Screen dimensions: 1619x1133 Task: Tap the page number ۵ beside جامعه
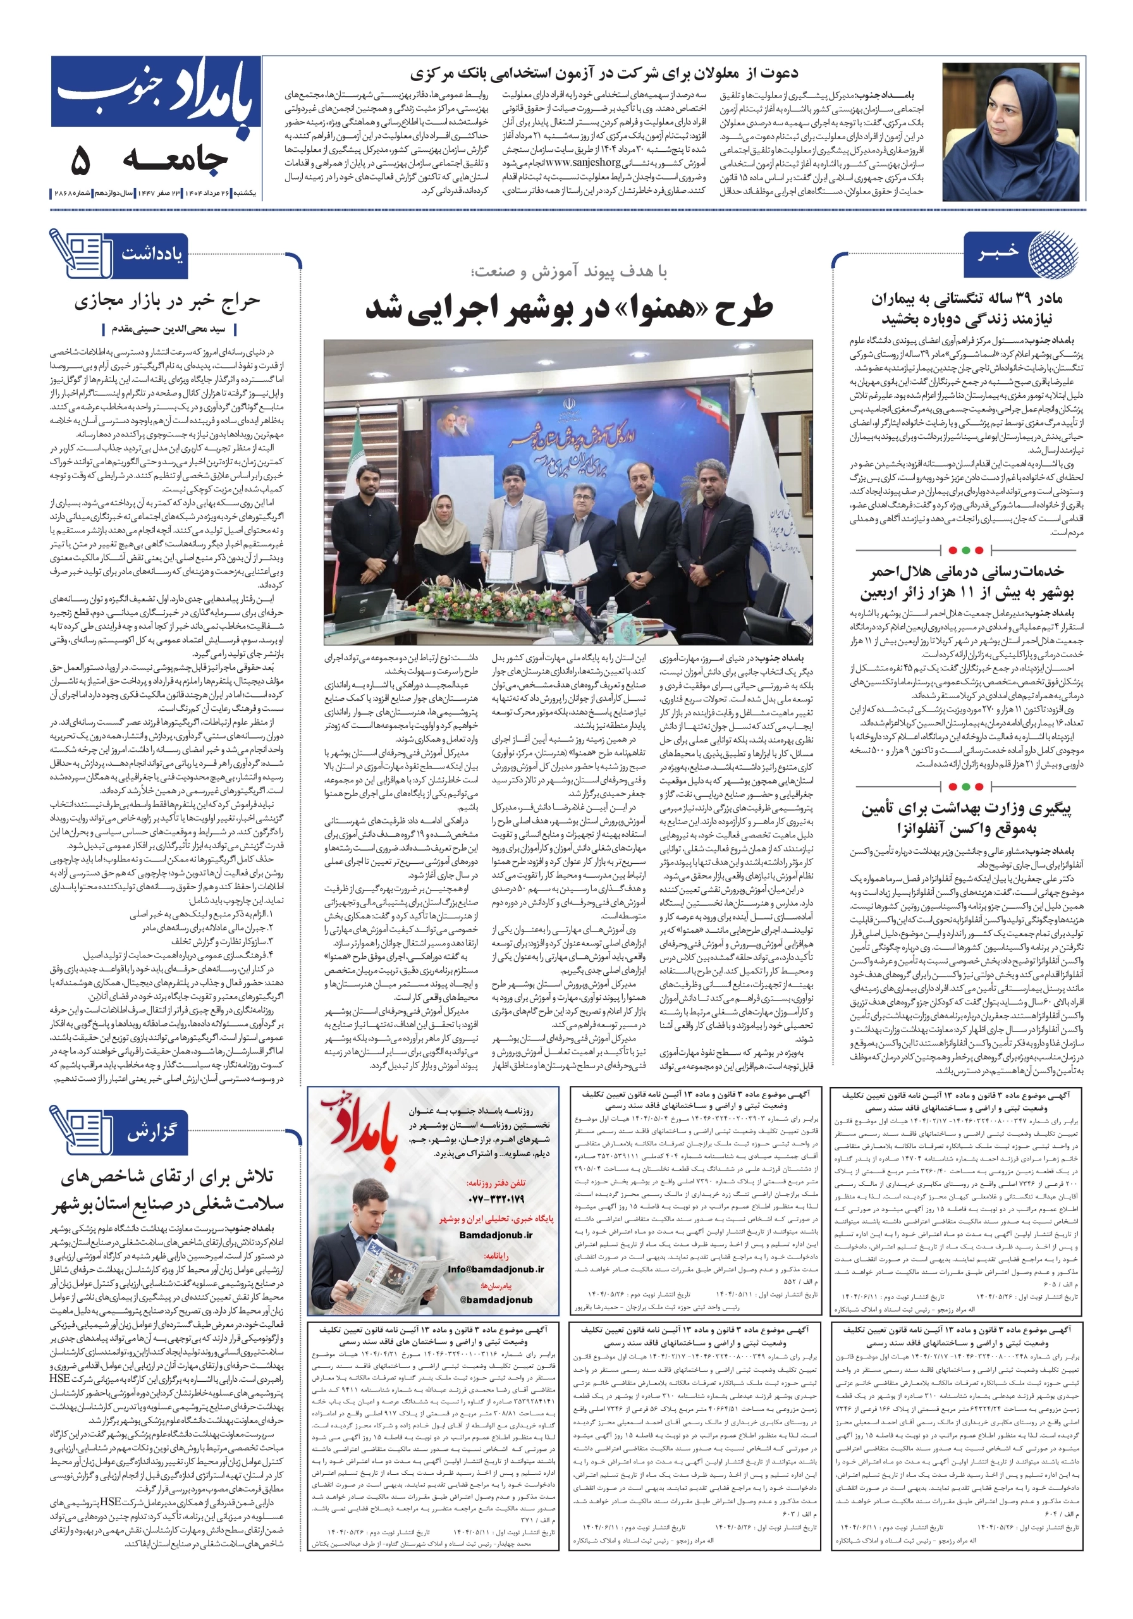coord(80,162)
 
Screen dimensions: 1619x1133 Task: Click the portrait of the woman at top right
coord(1010,132)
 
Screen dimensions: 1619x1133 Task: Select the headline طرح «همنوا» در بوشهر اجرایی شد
coord(568,309)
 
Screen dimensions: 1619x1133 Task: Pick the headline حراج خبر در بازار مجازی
coord(167,301)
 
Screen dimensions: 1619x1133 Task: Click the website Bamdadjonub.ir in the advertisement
coord(496,1234)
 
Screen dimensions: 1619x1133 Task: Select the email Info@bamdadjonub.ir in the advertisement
coord(496,1269)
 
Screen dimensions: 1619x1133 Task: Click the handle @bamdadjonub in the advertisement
coord(496,1300)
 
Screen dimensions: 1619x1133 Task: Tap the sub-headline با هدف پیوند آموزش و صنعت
coord(569,272)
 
